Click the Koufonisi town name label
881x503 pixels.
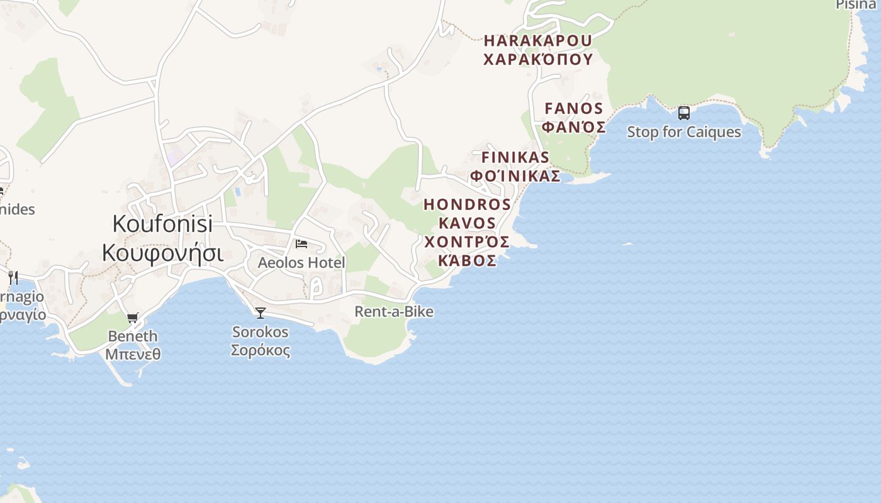[x=162, y=223]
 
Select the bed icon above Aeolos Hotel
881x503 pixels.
[x=301, y=243]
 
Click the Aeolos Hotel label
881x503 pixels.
[x=301, y=262]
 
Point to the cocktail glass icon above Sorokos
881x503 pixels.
[x=260, y=312]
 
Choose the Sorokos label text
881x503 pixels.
[x=260, y=331]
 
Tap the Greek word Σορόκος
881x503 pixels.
[x=260, y=350]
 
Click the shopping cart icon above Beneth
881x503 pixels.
[x=132, y=318]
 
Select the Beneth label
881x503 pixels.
[x=133, y=336]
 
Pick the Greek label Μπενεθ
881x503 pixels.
[x=133, y=354]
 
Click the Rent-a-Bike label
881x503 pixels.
[x=394, y=311]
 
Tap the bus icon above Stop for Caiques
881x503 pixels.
[x=684, y=113]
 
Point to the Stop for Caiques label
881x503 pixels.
[x=684, y=132]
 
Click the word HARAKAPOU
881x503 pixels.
[x=538, y=41]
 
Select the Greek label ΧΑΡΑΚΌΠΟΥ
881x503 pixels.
[x=538, y=60]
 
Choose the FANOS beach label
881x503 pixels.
[x=574, y=108]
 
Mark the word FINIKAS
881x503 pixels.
[x=515, y=157]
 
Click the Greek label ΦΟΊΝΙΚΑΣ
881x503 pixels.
[x=515, y=175]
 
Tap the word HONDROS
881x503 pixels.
[x=468, y=204]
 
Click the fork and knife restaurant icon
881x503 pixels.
[x=13, y=277]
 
